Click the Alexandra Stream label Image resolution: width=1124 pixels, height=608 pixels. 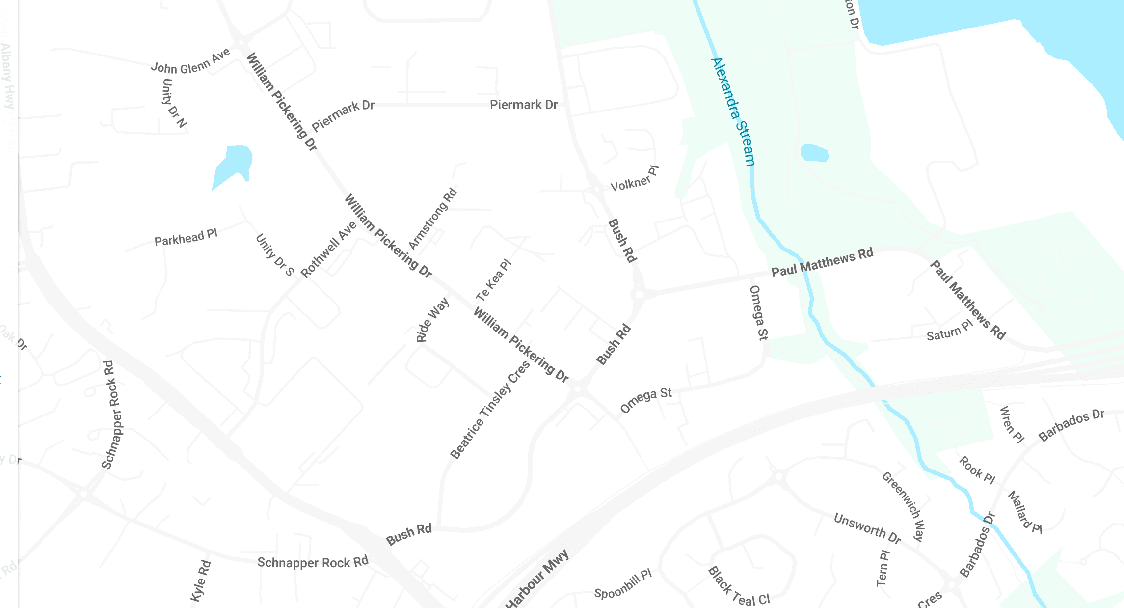coord(733,112)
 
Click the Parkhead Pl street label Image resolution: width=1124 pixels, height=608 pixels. coord(186,238)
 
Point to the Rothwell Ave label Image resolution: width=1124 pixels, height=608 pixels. coord(328,249)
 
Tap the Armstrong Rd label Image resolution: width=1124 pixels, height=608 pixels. coord(432,219)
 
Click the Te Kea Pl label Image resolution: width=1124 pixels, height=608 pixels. coord(493,280)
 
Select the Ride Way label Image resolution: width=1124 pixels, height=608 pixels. coord(432,320)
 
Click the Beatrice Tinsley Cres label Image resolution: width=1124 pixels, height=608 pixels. coord(490,410)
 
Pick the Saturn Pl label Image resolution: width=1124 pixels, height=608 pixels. coord(949,331)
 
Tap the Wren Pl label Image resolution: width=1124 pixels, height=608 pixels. coord(1012,424)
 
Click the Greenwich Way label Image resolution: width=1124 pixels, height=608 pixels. coord(904,506)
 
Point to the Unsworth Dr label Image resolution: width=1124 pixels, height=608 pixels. coord(867,528)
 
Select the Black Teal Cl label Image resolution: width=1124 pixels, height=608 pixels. coord(739,586)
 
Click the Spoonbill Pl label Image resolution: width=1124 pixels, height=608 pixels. coord(623,584)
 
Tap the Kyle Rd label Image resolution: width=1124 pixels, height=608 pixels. coord(200,581)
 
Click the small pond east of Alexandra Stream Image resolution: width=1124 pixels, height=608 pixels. coord(814,153)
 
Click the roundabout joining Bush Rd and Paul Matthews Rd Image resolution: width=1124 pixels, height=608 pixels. coord(639,295)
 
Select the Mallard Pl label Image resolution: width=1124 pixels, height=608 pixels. coord(1024,512)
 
